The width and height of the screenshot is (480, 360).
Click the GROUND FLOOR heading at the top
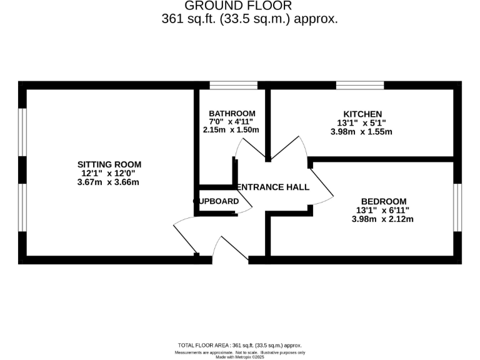point(238,6)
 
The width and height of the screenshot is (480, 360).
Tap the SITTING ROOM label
point(109,164)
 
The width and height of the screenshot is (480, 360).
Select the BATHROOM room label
point(232,113)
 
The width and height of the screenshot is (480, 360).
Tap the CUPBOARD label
point(216,201)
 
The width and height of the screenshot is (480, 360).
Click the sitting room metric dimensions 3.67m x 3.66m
point(109,182)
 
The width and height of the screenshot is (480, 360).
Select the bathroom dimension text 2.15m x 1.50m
point(231,130)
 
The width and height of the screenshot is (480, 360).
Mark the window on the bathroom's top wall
point(233,85)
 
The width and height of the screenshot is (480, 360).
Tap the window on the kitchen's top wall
point(360,85)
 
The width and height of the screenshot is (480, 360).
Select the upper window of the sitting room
point(22,132)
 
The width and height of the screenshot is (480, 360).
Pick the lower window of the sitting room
point(22,207)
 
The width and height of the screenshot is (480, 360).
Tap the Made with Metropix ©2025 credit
point(240,357)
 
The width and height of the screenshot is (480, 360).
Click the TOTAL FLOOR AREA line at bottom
point(240,345)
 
